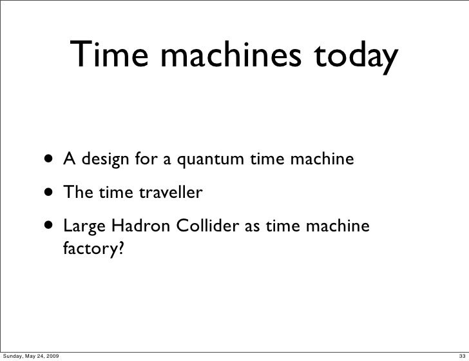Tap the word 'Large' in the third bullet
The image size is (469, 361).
pos(84,228)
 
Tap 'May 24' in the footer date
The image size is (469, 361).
pos(37,355)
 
